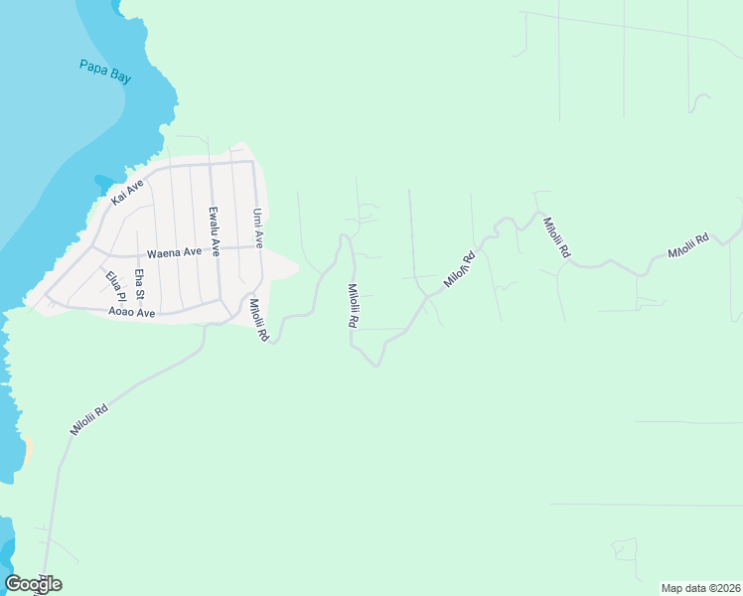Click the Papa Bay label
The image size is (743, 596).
tap(105, 72)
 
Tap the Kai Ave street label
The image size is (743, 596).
tap(127, 193)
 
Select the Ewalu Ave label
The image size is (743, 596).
tap(213, 226)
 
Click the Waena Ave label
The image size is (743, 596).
tap(174, 252)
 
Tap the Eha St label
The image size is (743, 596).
tap(140, 284)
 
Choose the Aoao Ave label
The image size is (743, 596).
tap(132, 312)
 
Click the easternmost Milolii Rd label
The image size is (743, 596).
tap(688, 246)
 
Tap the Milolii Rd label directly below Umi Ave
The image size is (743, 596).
tap(259, 321)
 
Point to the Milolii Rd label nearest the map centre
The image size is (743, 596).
tap(353, 306)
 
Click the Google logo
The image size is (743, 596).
tap(33, 584)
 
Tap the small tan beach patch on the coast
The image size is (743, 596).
tap(27, 449)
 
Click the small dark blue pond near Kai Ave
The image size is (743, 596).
tap(103, 184)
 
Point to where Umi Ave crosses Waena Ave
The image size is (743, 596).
tap(257, 246)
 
